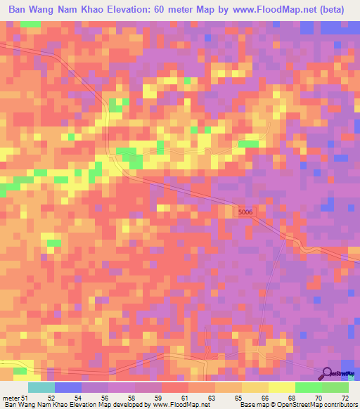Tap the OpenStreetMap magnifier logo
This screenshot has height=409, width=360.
(x=327, y=374)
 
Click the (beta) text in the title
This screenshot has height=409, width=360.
(x=333, y=11)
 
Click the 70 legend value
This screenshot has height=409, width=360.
(x=319, y=398)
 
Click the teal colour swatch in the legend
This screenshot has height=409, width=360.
(x=41, y=387)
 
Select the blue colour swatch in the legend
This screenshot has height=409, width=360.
(x=68, y=387)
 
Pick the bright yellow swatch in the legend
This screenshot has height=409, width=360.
(x=282, y=387)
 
